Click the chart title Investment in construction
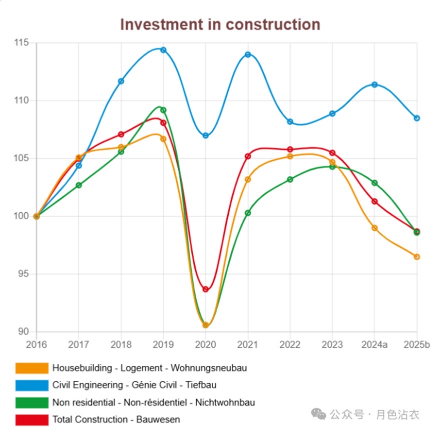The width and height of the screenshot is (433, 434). pyautogui.click(x=220, y=24)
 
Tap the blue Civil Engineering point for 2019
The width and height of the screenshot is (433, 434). pyautogui.click(x=163, y=50)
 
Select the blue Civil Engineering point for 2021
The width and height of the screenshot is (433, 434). pyautogui.click(x=248, y=55)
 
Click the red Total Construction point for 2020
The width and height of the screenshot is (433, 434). pyautogui.click(x=205, y=289)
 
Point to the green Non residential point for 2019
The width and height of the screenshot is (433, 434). pyautogui.click(x=163, y=110)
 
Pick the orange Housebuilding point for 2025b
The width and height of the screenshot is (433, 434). pyautogui.click(x=416, y=257)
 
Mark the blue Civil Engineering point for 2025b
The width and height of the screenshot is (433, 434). pyautogui.click(x=416, y=118)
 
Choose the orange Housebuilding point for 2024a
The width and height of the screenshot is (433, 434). pyautogui.click(x=374, y=228)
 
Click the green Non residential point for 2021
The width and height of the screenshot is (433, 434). pyautogui.click(x=248, y=213)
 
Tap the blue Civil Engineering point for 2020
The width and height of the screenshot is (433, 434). pyautogui.click(x=205, y=136)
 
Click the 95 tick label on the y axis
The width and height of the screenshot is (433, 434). pyautogui.click(x=24, y=274)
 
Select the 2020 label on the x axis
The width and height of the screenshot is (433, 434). pyautogui.click(x=205, y=344)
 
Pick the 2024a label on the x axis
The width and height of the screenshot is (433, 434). pyautogui.click(x=374, y=344)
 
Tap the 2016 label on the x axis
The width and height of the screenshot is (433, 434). pyautogui.click(x=36, y=344)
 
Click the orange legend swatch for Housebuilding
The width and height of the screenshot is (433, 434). pyautogui.click(x=32, y=368)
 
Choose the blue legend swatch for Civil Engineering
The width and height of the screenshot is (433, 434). pyautogui.click(x=32, y=385)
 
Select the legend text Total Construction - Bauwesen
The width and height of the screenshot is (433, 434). pyautogui.click(x=116, y=419)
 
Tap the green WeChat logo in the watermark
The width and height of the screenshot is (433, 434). pyautogui.click(x=319, y=413)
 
